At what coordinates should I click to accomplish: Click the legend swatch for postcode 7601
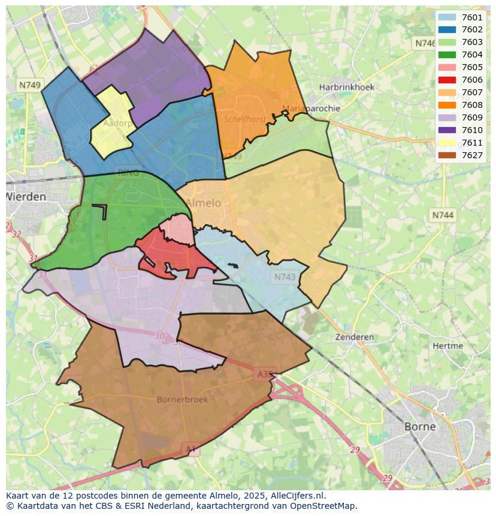447,17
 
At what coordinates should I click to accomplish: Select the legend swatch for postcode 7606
447,80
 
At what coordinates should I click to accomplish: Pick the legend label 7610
472,130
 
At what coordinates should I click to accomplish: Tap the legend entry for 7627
472,155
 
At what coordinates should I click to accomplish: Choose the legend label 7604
472,55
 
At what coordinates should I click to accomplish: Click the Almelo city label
203,203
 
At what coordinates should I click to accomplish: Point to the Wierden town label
26,197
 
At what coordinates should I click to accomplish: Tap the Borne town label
420,427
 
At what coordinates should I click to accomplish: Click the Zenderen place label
355,337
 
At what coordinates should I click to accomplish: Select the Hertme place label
447,346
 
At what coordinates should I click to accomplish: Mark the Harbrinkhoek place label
347,87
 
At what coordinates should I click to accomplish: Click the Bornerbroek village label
182,399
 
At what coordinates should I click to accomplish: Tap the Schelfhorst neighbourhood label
245,119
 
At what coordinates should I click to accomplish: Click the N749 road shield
29,85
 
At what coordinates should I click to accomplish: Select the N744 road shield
443,215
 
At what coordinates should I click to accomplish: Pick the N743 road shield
285,276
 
